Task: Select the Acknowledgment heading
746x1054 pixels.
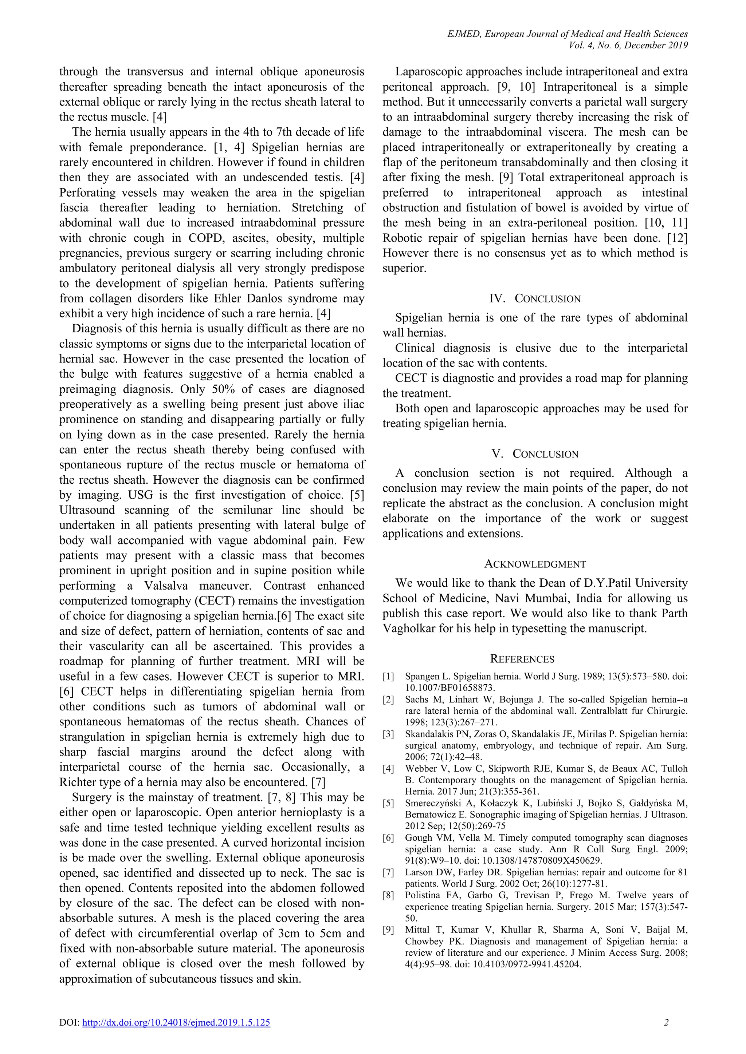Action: (535, 564)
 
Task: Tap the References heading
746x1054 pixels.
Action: (522, 659)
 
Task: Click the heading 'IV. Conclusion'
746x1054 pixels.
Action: (535, 299)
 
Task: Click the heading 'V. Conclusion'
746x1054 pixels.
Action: (535, 454)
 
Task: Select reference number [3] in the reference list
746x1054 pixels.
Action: (389, 734)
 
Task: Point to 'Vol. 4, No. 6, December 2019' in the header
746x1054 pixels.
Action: (628, 45)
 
